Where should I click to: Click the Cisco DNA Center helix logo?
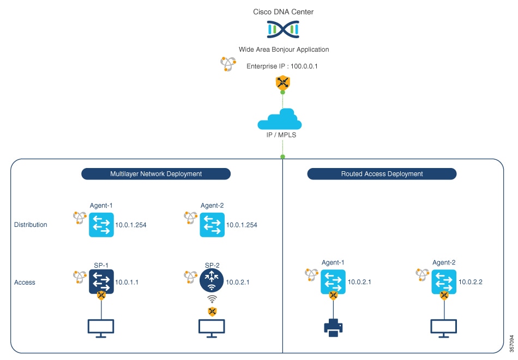[x=283, y=29]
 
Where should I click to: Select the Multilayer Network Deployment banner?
[x=156, y=174]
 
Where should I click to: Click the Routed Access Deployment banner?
[x=382, y=174]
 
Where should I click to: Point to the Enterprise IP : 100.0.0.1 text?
[x=282, y=67]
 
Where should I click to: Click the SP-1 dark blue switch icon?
[x=101, y=281]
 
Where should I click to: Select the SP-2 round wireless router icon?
[x=212, y=281]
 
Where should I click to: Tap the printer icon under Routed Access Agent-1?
[x=333, y=327]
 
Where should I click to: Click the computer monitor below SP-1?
[x=101, y=327]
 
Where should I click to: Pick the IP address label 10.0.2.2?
[x=471, y=283]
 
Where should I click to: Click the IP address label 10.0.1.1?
[x=127, y=283]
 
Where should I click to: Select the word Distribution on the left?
[x=31, y=225]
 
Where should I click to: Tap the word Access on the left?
[x=25, y=283]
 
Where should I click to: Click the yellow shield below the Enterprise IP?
[x=282, y=83]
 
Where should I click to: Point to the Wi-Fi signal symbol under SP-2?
[x=212, y=300]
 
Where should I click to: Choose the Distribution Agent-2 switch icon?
[x=212, y=225]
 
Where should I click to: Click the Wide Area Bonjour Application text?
[x=284, y=50]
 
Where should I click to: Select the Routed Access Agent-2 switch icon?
[x=444, y=281]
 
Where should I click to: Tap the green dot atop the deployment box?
[x=282, y=157]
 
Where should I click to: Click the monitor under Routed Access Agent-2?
[x=444, y=327]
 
